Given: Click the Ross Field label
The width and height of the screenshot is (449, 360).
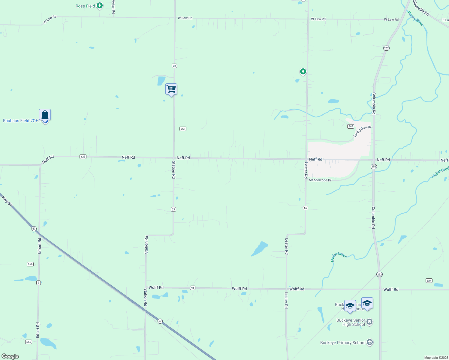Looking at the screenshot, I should coord(85,6).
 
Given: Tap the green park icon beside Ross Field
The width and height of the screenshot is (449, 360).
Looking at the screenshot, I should coord(100,5).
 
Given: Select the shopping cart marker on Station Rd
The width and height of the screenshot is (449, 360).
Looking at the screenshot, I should coord(171,89).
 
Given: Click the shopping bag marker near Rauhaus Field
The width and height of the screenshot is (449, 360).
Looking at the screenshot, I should coord(45,115).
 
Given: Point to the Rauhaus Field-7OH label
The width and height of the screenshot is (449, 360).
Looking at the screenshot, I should coord(21,121).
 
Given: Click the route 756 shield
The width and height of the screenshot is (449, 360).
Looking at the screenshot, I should coord(183,129).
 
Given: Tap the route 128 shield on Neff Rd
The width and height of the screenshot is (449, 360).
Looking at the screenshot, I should coord(83,157).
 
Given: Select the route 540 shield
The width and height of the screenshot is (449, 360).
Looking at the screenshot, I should coord(351,126).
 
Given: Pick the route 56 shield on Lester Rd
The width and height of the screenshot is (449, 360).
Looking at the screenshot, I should coord(306,208).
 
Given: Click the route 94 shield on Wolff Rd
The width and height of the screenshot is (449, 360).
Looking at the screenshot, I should coord(193,288).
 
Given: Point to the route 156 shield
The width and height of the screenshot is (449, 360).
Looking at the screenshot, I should coord(30,264).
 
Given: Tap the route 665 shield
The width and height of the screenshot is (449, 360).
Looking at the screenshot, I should coord(29,342).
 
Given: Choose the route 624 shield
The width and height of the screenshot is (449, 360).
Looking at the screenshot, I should coord(429,281).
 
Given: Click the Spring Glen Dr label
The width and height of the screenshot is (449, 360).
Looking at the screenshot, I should coord(362,131).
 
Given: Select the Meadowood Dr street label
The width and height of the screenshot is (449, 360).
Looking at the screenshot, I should coord(320,180).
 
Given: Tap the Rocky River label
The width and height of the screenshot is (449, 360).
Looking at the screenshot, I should coord(415,19).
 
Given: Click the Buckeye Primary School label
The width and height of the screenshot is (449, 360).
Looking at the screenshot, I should coord(343,343).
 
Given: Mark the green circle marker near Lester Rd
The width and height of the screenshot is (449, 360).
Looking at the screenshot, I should coord(303,71).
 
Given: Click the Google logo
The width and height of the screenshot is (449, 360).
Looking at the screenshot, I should coord(10,356).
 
